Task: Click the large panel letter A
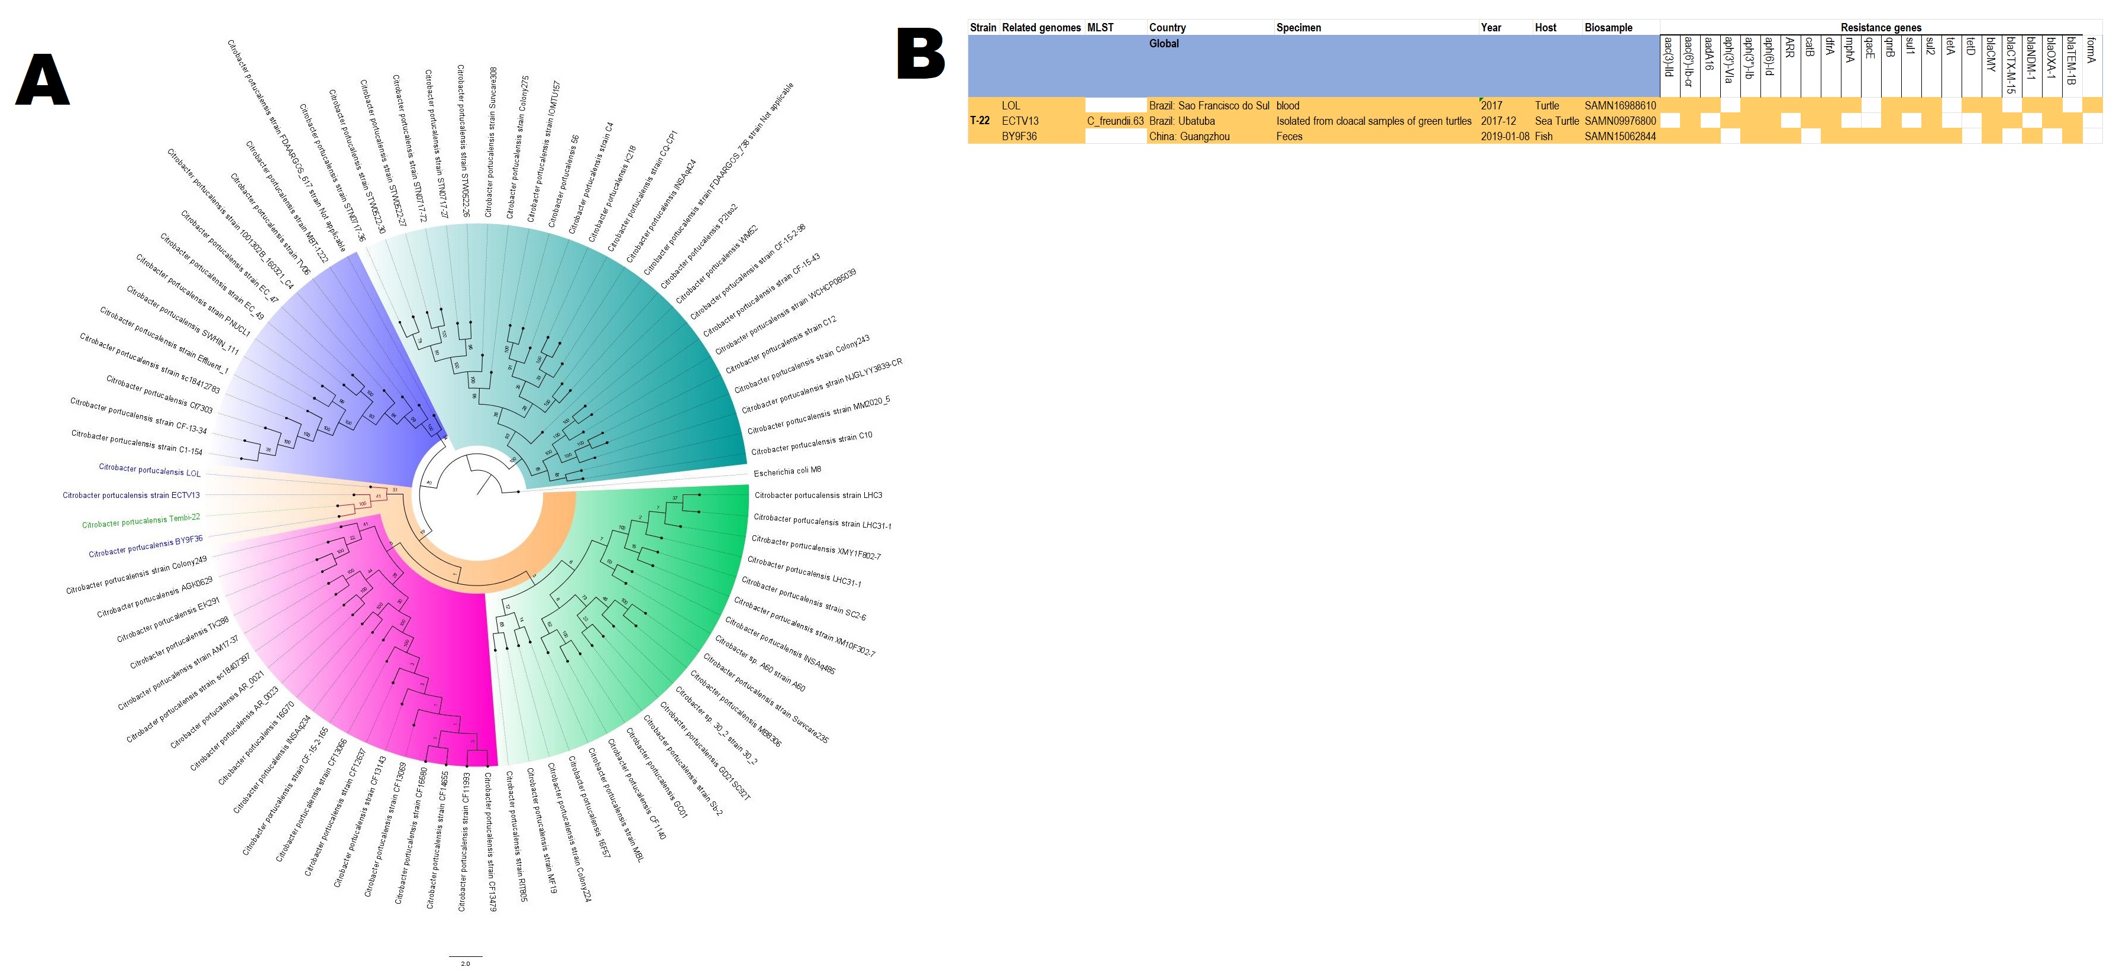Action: pyautogui.click(x=43, y=80)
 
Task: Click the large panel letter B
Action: pyautogui.click(x=921, y=54)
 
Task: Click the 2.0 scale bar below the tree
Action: pyautogui.click(x=465, y=957)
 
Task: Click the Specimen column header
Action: pyautogui.click(x=1298, y=28)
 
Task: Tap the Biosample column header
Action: pyautogui.click(x=1608, y=28)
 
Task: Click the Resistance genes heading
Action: pyautogui.click(x=1881, y=28)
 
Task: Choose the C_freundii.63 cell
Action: pyautogui.click(x=1114, y=121)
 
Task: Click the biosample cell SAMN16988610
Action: pyautogui.click(x=1620, y=106)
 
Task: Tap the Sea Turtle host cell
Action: pyautogui.click(x=1556, y=121)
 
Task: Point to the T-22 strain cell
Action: pyautogui.click(x=980, y=121)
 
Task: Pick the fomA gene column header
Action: pyautogui.click(x=2091, y=51)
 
